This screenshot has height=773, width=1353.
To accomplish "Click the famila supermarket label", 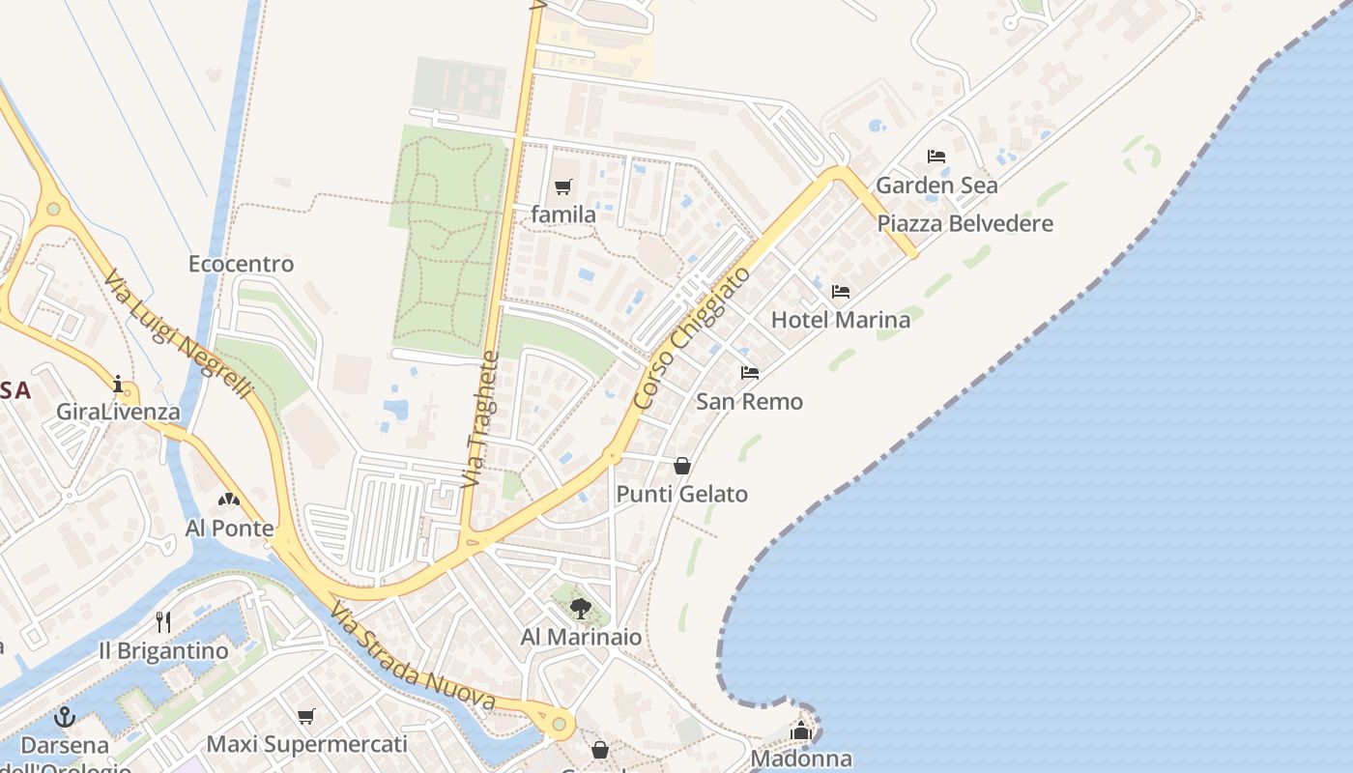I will (x=563, y=215).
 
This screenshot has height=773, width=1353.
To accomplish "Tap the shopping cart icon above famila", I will (x=563, y=186).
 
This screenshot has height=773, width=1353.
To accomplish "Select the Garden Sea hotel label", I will (x=936, y=185).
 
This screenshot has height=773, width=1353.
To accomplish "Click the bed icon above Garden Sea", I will (x=936, y=156).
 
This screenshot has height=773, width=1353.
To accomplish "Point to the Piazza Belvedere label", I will (x=964, y=224).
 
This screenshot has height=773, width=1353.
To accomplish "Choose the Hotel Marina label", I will (x=840, y=320).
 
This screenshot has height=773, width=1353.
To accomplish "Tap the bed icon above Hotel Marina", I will (x=840, y=291).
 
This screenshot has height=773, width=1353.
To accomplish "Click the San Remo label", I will (x=749, y=402).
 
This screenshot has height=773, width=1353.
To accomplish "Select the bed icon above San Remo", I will (x=749, y=373).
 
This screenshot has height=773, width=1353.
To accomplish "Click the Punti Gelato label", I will (x=682, y=495).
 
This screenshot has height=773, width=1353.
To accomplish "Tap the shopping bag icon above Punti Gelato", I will (x=682, y=466).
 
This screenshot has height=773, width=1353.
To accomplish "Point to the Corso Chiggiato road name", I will (x=693, y=337).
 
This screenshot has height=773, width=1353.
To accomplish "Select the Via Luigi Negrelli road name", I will (x=178, y=334).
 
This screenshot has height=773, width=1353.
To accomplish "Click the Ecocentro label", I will (x=241, y=264).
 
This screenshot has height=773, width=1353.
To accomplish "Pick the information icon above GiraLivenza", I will (x=118, y=385).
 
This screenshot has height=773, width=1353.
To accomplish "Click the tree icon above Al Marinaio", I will (x=580, y=609).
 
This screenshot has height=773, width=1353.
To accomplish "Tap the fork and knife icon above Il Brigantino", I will (x=163, y=621).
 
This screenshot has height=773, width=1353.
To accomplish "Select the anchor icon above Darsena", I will (x=65, y=717).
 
